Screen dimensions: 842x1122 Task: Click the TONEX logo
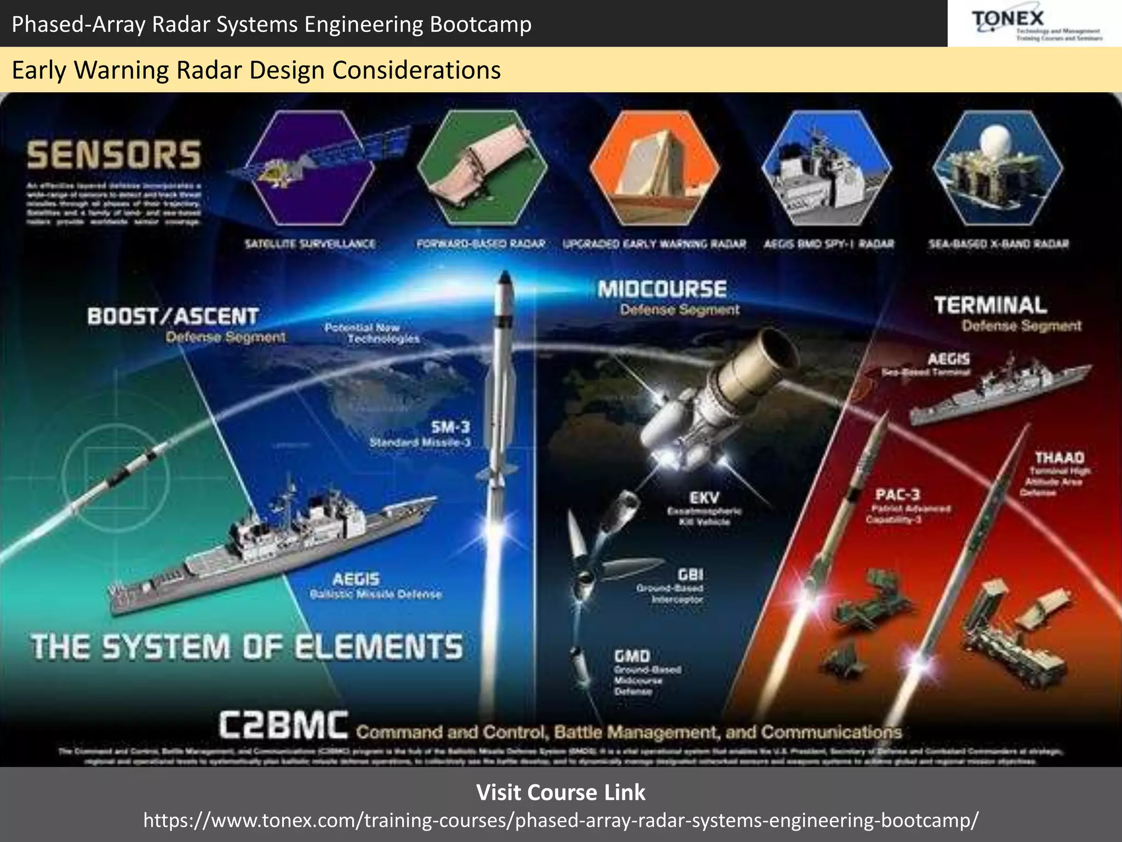[1034, 23]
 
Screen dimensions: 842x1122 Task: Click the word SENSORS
[114, 155]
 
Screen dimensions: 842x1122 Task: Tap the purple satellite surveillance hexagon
[311, 168]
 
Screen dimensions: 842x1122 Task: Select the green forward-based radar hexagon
[482, 168]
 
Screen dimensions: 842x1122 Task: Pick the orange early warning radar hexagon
[654, 168]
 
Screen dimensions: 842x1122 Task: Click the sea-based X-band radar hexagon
[998, 168]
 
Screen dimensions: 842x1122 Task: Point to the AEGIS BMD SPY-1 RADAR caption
[829, 244]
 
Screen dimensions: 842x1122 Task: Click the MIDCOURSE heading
[662, 289]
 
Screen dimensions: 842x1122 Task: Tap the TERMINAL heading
[990, 305]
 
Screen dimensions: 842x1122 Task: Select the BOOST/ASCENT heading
[173, 316]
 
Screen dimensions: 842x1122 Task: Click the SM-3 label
[450, 427]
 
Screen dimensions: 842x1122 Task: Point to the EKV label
[704, 498]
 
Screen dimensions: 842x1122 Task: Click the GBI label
[690, 574]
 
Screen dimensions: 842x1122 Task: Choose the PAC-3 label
[897, 494]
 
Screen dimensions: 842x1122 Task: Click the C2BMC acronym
[283, 725]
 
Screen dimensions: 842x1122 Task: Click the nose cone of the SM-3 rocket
[505, 277]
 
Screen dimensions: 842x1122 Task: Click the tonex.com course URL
[560, 820]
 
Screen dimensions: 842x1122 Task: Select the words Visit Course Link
[560, 793]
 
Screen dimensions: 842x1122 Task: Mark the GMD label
[632, 656]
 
